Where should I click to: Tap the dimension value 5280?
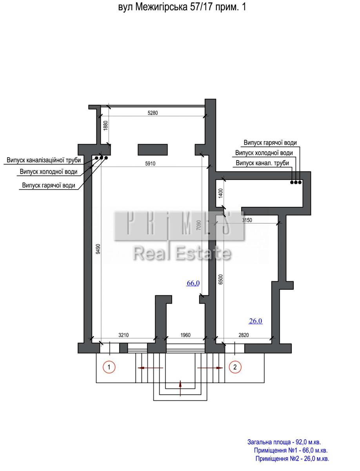tap(153, 113)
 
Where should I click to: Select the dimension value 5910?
tap(150, 164)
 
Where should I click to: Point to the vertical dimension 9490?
tap(98, 249)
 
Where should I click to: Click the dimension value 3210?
tap(124, 335)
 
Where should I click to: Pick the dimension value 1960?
tap(185, 335)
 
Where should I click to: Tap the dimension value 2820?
tap(244, 335)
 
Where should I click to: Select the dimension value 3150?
tap(247, 220)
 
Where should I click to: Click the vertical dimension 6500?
tap(221, 279)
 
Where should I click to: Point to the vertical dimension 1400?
tap(221, 193)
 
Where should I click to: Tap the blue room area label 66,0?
tap(193, 283)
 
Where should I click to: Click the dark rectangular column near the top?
tap(153, 150)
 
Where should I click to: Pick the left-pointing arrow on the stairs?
tap(150, 368)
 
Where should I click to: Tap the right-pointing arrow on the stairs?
tap(210, 368)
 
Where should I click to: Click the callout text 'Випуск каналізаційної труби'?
tap(44, 160)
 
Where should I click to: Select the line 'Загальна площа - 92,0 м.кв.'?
tap(284, 436)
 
